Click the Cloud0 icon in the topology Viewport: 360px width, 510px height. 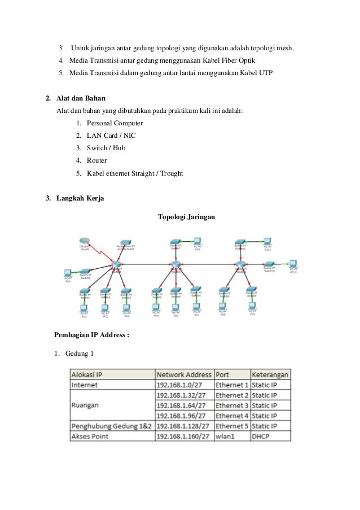[x=85, y=241]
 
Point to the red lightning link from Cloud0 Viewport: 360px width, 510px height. [x=100, y=252]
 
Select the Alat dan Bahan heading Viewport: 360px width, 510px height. [x=81, y=98]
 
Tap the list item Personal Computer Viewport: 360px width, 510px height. [x=115, y=123]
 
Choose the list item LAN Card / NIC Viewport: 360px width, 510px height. [x=111, y=136]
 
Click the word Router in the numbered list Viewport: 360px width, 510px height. [x=96, y=160]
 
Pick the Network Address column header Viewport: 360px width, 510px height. [x=184, y=374]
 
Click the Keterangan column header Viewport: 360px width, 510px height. [x=270, y=374]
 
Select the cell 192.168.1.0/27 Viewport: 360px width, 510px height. [x=181, y=385]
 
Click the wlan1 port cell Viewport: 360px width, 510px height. [x=225, y=436]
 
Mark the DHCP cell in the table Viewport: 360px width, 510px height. [x=261, y=436]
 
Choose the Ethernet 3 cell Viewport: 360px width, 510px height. [x=231, y=406]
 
